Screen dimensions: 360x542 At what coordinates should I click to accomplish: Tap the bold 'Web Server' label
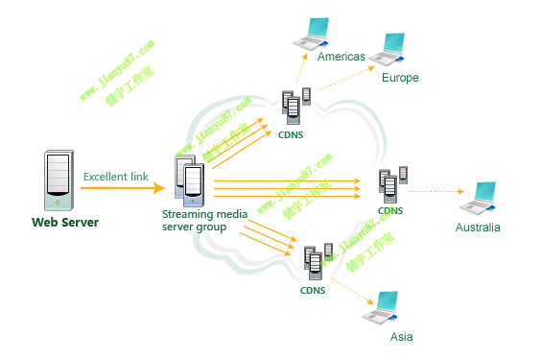65,224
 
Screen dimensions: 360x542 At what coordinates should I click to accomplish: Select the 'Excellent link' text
116,177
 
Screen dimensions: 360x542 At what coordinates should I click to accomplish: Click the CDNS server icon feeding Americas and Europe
295,105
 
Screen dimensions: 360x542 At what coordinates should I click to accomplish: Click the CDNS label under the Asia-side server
313,290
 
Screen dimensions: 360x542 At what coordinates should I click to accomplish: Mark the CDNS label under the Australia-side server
390,210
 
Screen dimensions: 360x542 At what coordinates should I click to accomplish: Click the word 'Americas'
342,58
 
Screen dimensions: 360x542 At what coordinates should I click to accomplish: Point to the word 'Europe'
400,78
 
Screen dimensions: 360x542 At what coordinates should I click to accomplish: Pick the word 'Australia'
478,228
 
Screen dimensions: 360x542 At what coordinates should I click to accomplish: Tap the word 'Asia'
401,338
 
